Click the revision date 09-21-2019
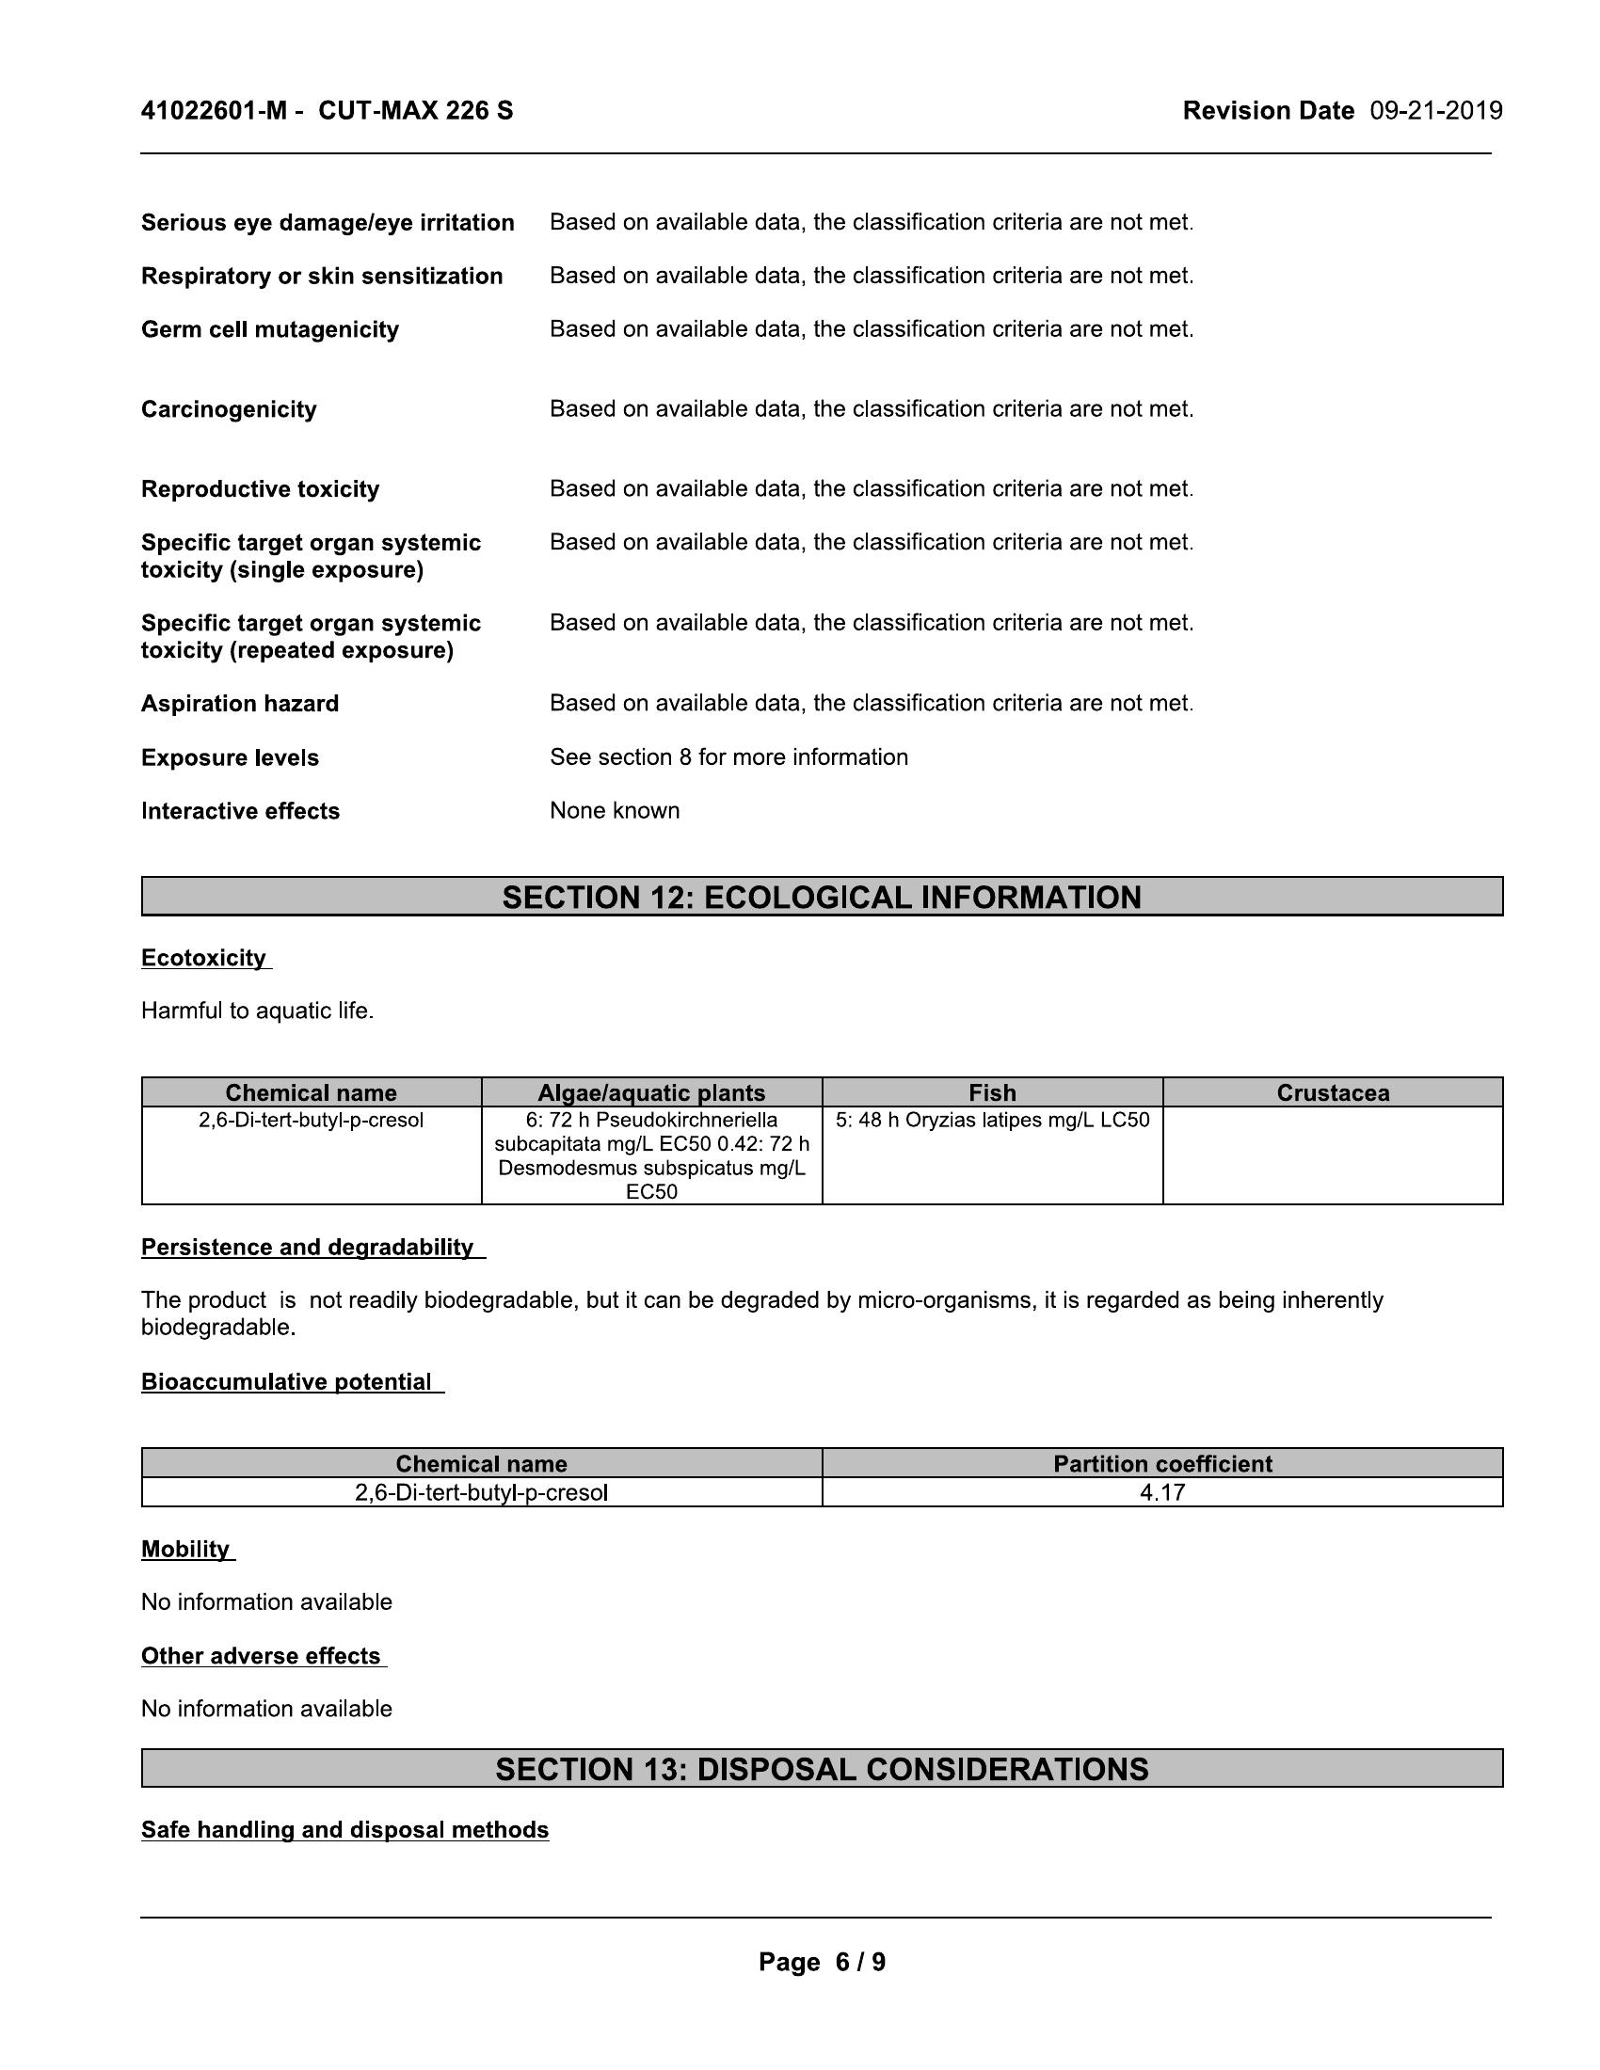pyautogui.click(x=1436, y=111)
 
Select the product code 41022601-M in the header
pyautogui.click(x=214, y=111)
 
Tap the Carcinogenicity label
pyautogui.click(x=229, y=409)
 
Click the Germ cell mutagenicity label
pyautogui.click(x=270, y=330)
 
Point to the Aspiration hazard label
pyautogui.click(x=240, y=703)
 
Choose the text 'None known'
pyautogui.click(x=615, y=810)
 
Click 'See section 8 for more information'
pyautogui.click(x=728, y=757)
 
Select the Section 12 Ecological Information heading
pyautogui.click(x=822, y=897)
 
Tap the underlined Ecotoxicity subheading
pyautogui.click(x=204, y=958)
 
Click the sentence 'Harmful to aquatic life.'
pyautogui.click(x=258, y=1011)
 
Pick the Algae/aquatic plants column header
pyautogui.click(x=651, y=1092)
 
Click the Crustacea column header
pyautogui.click(x=1333, y=1092)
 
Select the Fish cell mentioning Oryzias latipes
pyautogui.click(x=992, y=1121)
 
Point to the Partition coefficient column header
pyautogui.click(x=1162, y=1463)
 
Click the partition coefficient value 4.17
pyautogui.click(x=1162, y=1493)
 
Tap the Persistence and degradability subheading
pyautogui.click(x=307, y=1248)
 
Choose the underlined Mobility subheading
pyautogui.click(x=185, y=1549)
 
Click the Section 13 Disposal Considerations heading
pyautogui.click(x=822, y=1769)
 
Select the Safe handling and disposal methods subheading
pyautogui.click(x=345, y=1829)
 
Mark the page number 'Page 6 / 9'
pyautogui.click(x=822, y=1962)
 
